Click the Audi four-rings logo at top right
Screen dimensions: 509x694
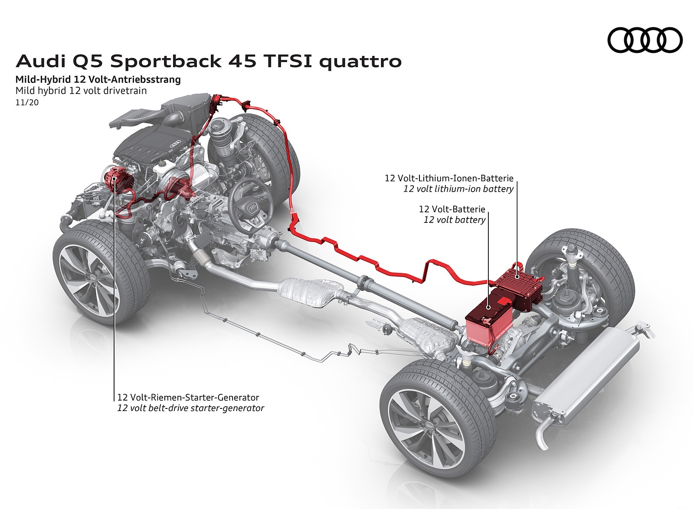click(645, 39)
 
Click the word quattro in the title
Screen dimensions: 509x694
click(360, 62)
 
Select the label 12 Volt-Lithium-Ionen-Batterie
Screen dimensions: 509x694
click(449, 178)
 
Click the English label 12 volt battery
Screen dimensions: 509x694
click(454, 220)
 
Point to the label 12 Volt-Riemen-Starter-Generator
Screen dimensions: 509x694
click(188, 397)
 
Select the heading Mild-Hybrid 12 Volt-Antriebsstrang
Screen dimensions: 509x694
click(98, 80)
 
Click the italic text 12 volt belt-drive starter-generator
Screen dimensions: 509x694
click(190, 408)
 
